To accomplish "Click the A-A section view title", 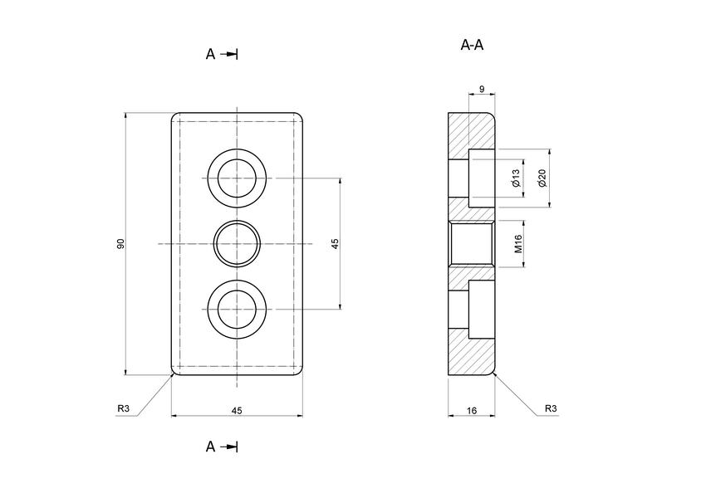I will click(472, 45).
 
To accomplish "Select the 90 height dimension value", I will click(120, 243).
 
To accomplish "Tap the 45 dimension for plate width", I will click(237, 410).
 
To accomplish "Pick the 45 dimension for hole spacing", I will click(335, 243).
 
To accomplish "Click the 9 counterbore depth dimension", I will click(482, 88).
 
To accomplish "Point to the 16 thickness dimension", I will click(471, 410).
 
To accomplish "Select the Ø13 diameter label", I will click(516, 178).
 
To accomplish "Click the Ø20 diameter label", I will click(542, 178).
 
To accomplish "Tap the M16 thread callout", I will click(517, 243).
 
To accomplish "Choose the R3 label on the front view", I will click(123, 408).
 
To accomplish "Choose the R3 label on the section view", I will click(550, 408).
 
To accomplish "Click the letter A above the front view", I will click(211, 54).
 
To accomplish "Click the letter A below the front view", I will click(211, 447).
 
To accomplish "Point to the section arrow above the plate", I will click(230, 54).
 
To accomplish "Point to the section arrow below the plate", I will click(230, 447).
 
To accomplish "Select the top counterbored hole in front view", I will click(237, 178).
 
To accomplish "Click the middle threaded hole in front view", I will click(237, 243).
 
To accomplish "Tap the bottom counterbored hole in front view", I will click(237, 309).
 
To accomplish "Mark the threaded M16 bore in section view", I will click(472, 243).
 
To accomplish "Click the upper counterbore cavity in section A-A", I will click(482, 178).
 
